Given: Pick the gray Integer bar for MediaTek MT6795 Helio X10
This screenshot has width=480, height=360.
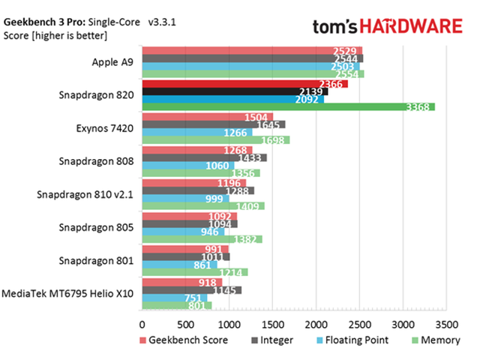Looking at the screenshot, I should pyautogui.click(x=191, y=289).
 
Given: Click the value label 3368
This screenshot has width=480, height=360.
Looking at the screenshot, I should pyautogui.click(x=417, y=107).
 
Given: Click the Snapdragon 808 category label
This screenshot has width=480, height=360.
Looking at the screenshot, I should pyautogui.click(x=97, y=160).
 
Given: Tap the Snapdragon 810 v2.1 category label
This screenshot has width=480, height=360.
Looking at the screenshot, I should pyautogui.click(x=85, y=193).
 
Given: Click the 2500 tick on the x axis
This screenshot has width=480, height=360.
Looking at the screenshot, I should pyautogui.click(x=360, y=324).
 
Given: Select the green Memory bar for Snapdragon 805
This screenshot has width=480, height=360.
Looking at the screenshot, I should pyautogui.click(x=202, y=239).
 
